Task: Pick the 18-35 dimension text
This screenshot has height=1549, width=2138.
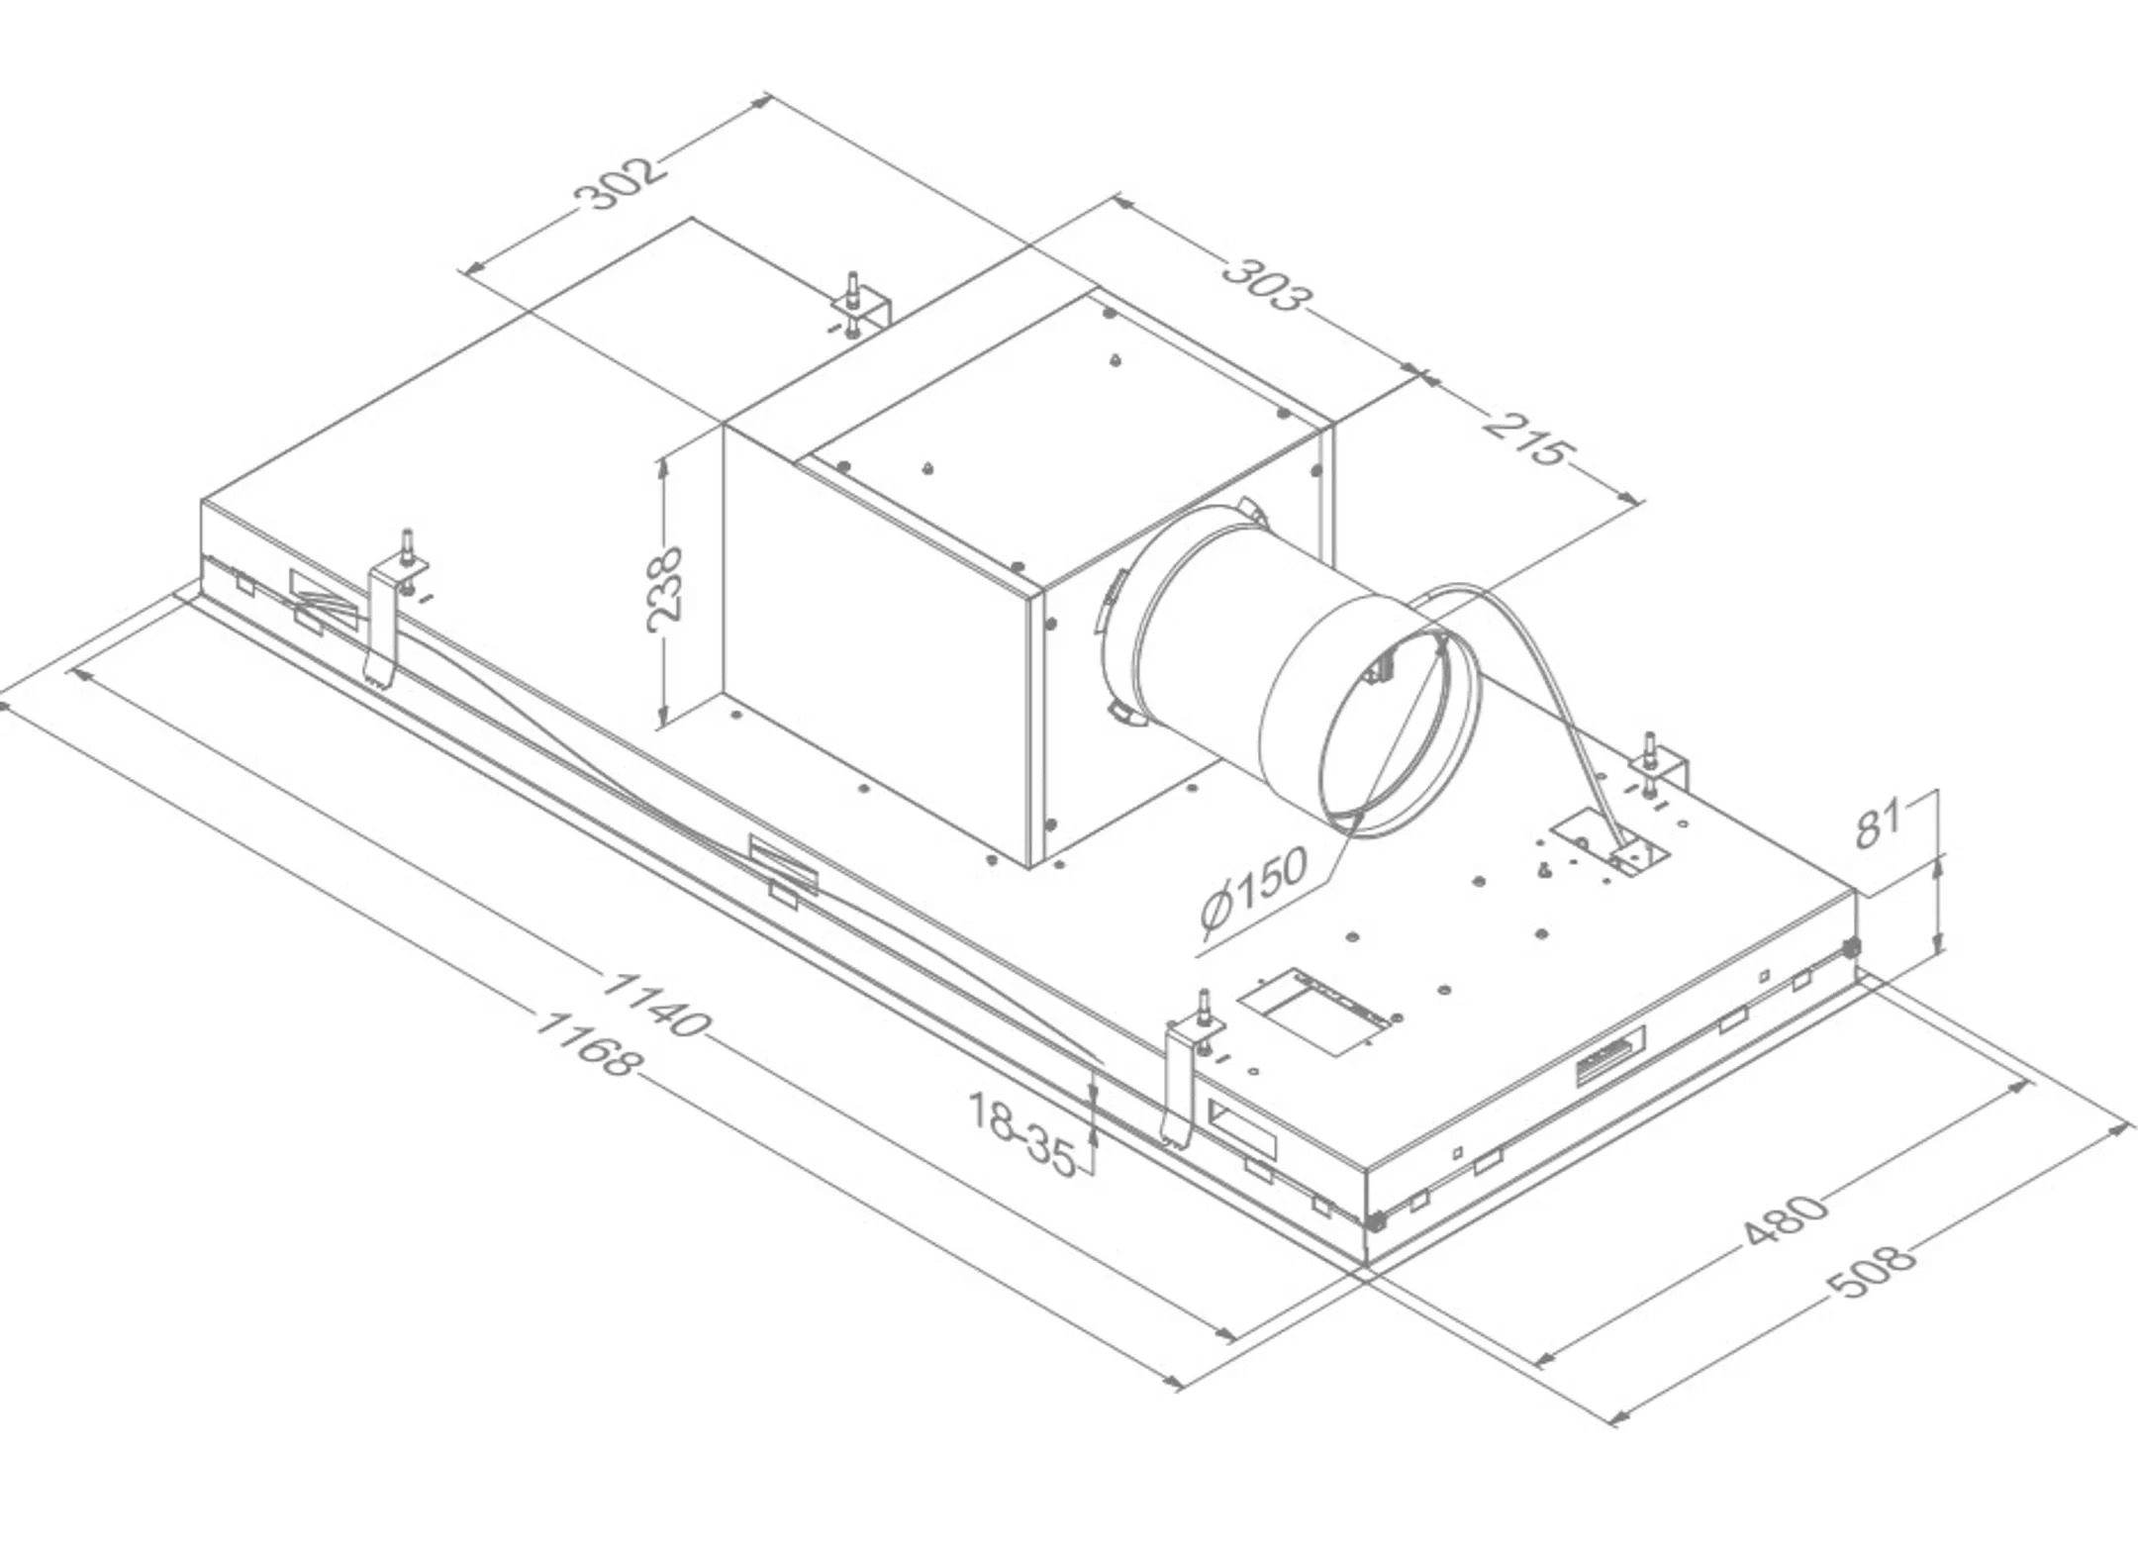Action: [1022, 1134]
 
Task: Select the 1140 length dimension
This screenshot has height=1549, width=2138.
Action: [654, 1004]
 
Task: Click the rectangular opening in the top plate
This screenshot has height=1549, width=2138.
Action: [1316, 1013]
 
